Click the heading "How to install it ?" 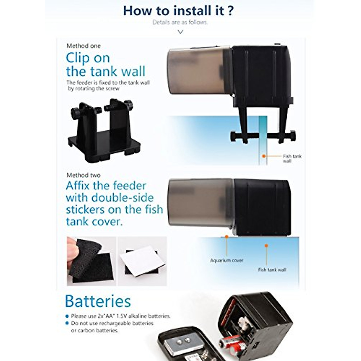tap(178, 11)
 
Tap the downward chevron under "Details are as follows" tap(180, 32)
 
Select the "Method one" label tap(84, 46)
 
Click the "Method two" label tap(84, 175)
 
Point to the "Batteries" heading tap(98, 301)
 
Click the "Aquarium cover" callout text tap(227, 261)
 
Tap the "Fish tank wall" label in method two tap(272, 270)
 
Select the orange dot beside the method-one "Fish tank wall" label tap(264, 156)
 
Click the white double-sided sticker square tap(142, 260)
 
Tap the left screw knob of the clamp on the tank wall tap(233, 136)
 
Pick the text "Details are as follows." tap(180, 22)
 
